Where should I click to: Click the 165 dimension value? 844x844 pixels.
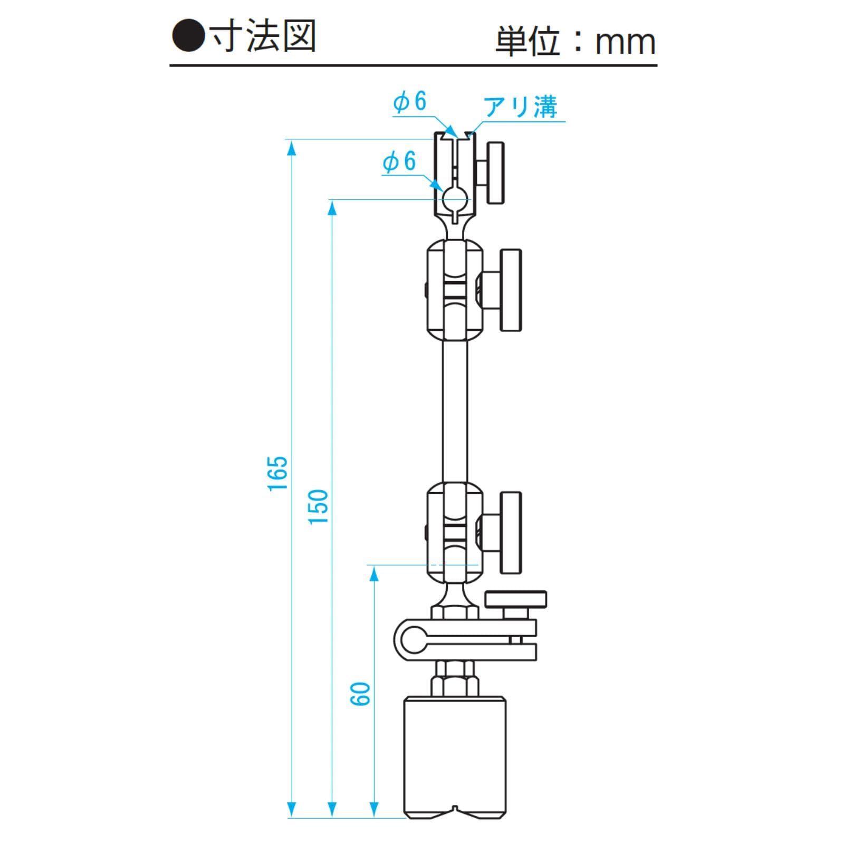(x=278, y=473)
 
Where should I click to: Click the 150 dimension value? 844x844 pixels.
(x=319, y=506)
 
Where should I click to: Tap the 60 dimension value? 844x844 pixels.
(x=361, y=693)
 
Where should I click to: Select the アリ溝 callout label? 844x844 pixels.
(x=521, y=107)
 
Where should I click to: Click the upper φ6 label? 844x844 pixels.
(x=410, y=101)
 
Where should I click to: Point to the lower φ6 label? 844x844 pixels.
(x=399, y=161)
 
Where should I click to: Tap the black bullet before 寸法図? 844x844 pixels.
(x=188, y=37)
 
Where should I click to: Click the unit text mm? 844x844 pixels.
(x=625, y=42)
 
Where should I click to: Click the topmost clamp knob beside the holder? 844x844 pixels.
(x=495, y=172)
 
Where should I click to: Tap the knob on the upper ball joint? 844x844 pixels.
(x=511, y=290)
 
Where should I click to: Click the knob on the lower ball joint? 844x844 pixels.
(x=511, y=533)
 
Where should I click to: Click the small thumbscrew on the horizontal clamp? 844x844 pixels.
(x=516, y=599)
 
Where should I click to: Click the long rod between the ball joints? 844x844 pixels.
(x=455, y=411)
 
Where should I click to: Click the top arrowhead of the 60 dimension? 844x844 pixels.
(x=373, y=574)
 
